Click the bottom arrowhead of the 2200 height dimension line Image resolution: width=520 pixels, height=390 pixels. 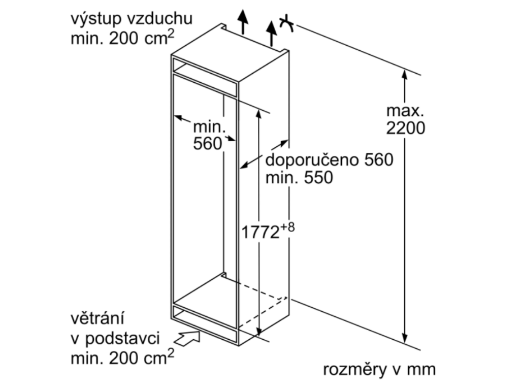coord(404,343)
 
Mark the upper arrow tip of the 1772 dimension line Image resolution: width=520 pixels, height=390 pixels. coord(259,109)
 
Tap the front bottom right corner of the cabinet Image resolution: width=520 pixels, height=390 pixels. coord(239,346)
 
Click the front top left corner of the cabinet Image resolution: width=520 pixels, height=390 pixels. coord(172,54)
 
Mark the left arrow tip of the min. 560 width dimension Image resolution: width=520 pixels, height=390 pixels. coord(174,116)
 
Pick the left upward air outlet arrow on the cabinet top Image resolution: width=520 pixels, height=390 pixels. coord(243,22)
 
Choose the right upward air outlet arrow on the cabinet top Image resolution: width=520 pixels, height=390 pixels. coord(272,34)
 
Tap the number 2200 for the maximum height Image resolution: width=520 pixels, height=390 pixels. coord(405,128)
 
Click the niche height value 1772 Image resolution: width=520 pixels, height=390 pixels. coord(261,232)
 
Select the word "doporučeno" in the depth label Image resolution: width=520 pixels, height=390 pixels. coord(312,160)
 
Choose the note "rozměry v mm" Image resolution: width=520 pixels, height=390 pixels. coord(379,370)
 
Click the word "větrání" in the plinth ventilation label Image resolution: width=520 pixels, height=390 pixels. coord(97,318)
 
